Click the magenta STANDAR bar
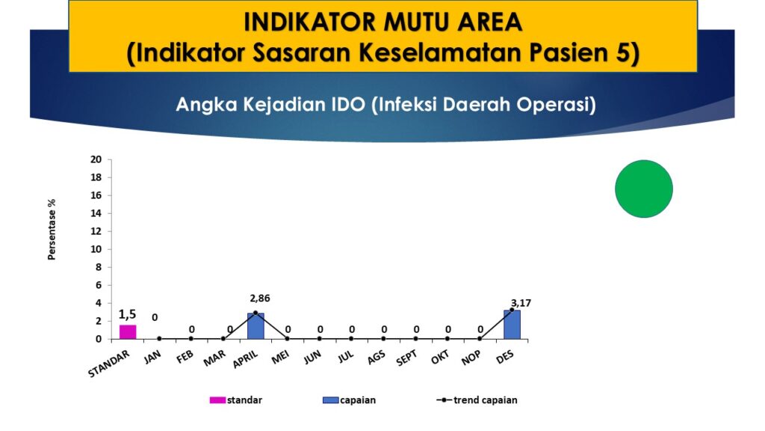[x=128, y=331]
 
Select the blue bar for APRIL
[x=255, y=326]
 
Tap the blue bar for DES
[x=512, y=325]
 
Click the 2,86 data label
[x=259, y=298]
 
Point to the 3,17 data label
[x=521, y=303]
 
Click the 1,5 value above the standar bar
[x=127, y=314]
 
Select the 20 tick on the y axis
[x=96, y=159]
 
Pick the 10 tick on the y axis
[x=96, y=249]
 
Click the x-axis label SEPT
[x=406, y=358]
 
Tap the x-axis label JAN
[x=152, y=357]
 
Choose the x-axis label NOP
[x=471, y=358]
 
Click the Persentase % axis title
[x=52, y=229]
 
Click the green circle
[x=643, y=189]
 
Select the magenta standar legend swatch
[x=217, y=400]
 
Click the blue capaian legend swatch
[x=330, y=400]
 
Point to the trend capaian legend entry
[x=477, y=400]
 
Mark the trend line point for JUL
[x=351, y=339]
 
